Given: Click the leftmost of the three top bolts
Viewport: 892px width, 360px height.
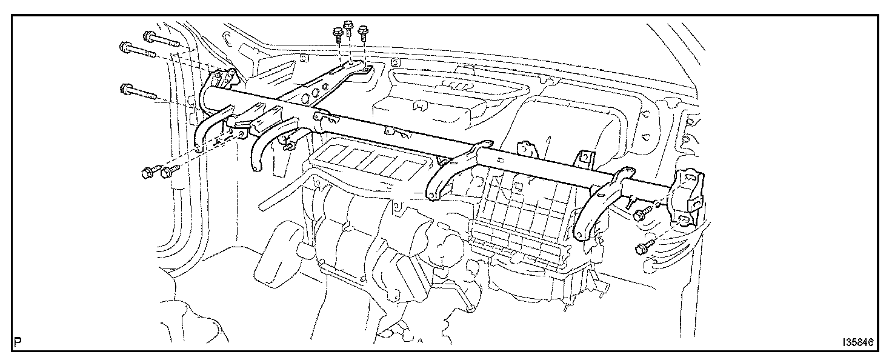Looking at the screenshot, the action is pyautogui.click(x=338, y=35).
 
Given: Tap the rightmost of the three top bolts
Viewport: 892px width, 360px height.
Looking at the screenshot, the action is pyautogui.click(x=364, y=33).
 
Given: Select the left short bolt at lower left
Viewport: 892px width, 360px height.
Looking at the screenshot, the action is pyautogui.click(x=148, y=172).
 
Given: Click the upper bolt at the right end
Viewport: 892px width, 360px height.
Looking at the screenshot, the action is pyautogui.click(x=642, y=213).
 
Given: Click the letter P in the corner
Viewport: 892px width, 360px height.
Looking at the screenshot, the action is pyautogui.click(x=18, y=342).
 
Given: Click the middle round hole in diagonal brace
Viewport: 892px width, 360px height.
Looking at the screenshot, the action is pyautogui.click(x=311, y=93).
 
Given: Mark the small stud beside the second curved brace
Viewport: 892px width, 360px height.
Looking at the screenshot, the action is pyautogui.click(x=290, y=144).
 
